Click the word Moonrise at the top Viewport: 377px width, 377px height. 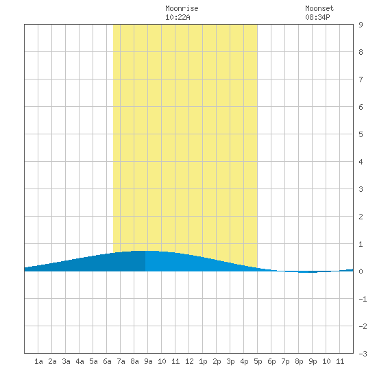click(182, 8)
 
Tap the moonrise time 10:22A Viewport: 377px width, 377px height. click(178, 17)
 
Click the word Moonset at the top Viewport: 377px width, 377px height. click(319, 8)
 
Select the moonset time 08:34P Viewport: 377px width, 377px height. click(317, 17)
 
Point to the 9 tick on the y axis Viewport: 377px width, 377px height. click(361, 25)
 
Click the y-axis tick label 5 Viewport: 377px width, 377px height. click(361, 134)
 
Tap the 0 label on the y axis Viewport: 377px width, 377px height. click(361, 271)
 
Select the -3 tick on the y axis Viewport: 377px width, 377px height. click(363, 354)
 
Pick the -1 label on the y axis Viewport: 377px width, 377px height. click(363, 299)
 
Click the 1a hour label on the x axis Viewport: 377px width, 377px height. click(38, 361)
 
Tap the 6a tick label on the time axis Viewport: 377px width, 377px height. click(107, 361)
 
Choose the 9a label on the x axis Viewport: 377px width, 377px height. click(148, 361)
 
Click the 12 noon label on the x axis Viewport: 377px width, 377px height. click(189, 361)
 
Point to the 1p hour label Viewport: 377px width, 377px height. click(203, 361)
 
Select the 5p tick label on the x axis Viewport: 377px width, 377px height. click(258, 361)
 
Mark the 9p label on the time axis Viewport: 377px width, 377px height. click(313, 361)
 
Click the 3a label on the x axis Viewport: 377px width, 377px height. click(66, 361)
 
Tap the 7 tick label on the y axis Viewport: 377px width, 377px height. click(361, 80)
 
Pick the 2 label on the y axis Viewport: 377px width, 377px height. click(361, 217)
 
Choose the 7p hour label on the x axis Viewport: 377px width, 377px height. click(285, 361)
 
